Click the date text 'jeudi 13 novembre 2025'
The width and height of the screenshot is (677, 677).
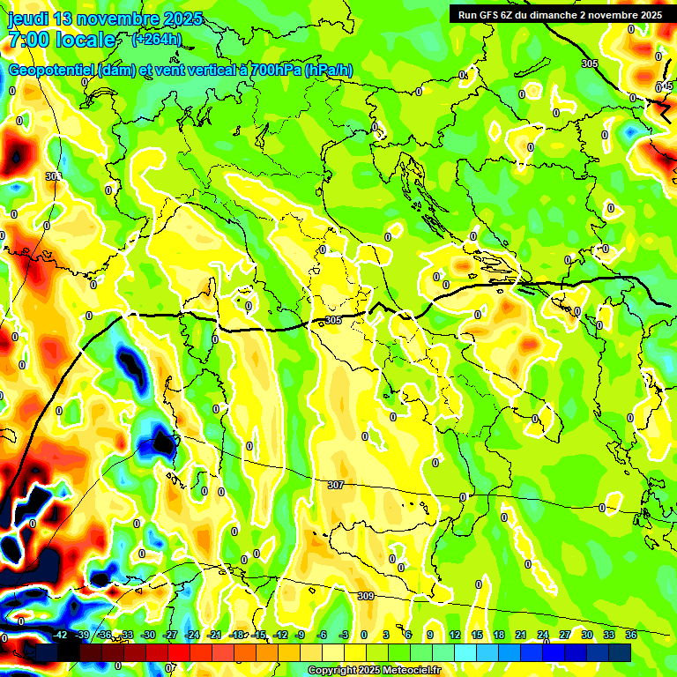coord(105,19)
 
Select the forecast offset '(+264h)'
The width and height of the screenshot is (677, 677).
coord(158,40)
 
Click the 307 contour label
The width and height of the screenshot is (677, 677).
coord(335,485)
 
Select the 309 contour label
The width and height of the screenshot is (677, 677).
coord(365,597)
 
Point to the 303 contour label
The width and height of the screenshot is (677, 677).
coord(53,176)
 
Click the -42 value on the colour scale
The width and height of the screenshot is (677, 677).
coord(60,635)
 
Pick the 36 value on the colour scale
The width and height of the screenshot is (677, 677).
coord(631,635)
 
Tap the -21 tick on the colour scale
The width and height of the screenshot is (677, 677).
coord(214,635)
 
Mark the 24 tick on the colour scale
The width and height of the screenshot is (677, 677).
coord(543,635)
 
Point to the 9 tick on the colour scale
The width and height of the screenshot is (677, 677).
coord(430,635)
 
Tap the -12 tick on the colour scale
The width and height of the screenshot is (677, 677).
coord(280,635)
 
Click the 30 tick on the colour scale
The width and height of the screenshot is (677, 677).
coord(587,635)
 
